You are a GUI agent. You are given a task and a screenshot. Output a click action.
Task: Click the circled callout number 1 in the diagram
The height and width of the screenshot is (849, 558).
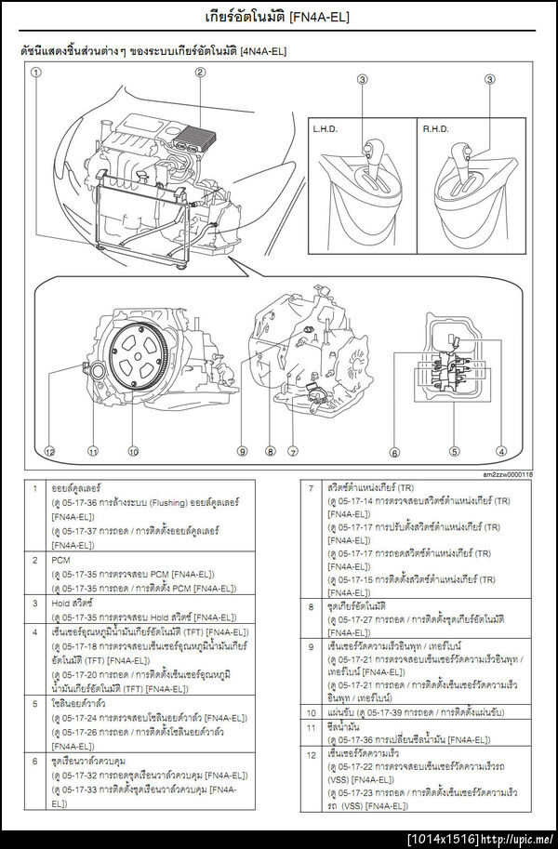pyautogui.click(x=34, y=72)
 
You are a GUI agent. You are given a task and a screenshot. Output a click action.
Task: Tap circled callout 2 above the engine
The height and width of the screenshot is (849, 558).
pyautogui.click(x=200, y=72)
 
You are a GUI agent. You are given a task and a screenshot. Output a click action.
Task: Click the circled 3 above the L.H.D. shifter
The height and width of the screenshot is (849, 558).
pyautogui.click(x=363, y=80)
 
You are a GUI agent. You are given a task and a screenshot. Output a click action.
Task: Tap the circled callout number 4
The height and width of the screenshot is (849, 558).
pyautogui.click(x=501, y=452)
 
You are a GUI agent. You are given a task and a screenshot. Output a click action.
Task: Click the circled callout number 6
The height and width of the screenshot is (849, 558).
pyautogui.click(x=394, y=452)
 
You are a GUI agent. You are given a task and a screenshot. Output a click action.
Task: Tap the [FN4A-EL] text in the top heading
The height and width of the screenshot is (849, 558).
pyautogui.click(x=321, y=17)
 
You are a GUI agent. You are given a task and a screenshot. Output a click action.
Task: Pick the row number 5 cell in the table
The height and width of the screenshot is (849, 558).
pyautogui.click(x=34, y=704)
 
